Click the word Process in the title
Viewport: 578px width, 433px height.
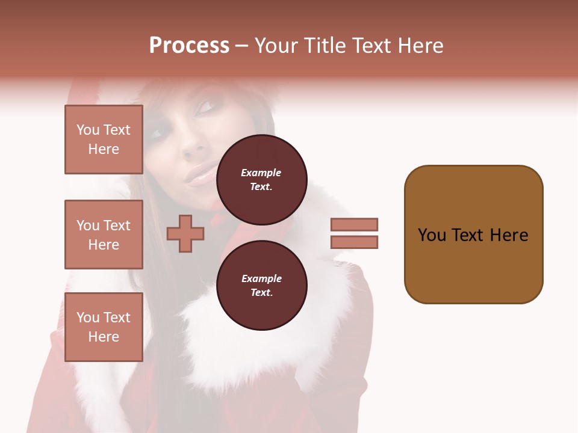point(189,46)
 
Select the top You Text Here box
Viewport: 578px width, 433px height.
point(104,140)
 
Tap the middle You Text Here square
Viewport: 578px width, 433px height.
point(104,235)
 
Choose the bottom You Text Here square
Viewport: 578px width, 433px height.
point(104,327)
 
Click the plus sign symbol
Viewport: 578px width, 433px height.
point(185,233)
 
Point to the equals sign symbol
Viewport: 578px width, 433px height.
point(355,233)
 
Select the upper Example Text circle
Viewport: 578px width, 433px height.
point(261,180)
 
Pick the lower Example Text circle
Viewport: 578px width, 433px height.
point(261,286)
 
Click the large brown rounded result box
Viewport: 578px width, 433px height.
point(473,235)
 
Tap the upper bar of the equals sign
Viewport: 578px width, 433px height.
point(355,224)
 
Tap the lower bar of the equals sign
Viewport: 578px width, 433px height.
point(355,242)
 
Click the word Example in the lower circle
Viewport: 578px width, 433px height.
point(261,278)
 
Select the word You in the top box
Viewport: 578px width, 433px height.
point(88,130)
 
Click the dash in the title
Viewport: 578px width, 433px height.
point(241,46)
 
